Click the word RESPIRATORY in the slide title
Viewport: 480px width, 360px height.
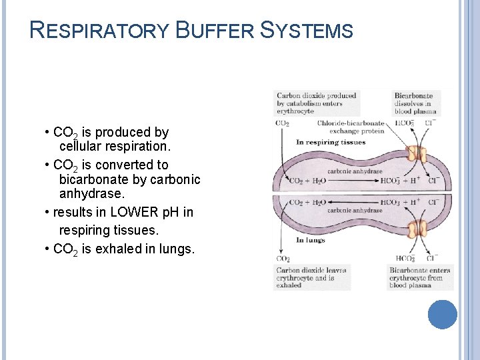(100, 30)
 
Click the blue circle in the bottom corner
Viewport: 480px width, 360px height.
(442, 315)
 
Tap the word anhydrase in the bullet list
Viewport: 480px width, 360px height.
(91, 196)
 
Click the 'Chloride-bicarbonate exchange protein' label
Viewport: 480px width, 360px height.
(350, 127)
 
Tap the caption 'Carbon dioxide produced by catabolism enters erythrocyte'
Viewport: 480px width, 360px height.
(316, 103)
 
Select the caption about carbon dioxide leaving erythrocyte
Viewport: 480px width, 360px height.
(311, 277)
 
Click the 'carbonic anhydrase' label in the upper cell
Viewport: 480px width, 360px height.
(355, 171)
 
